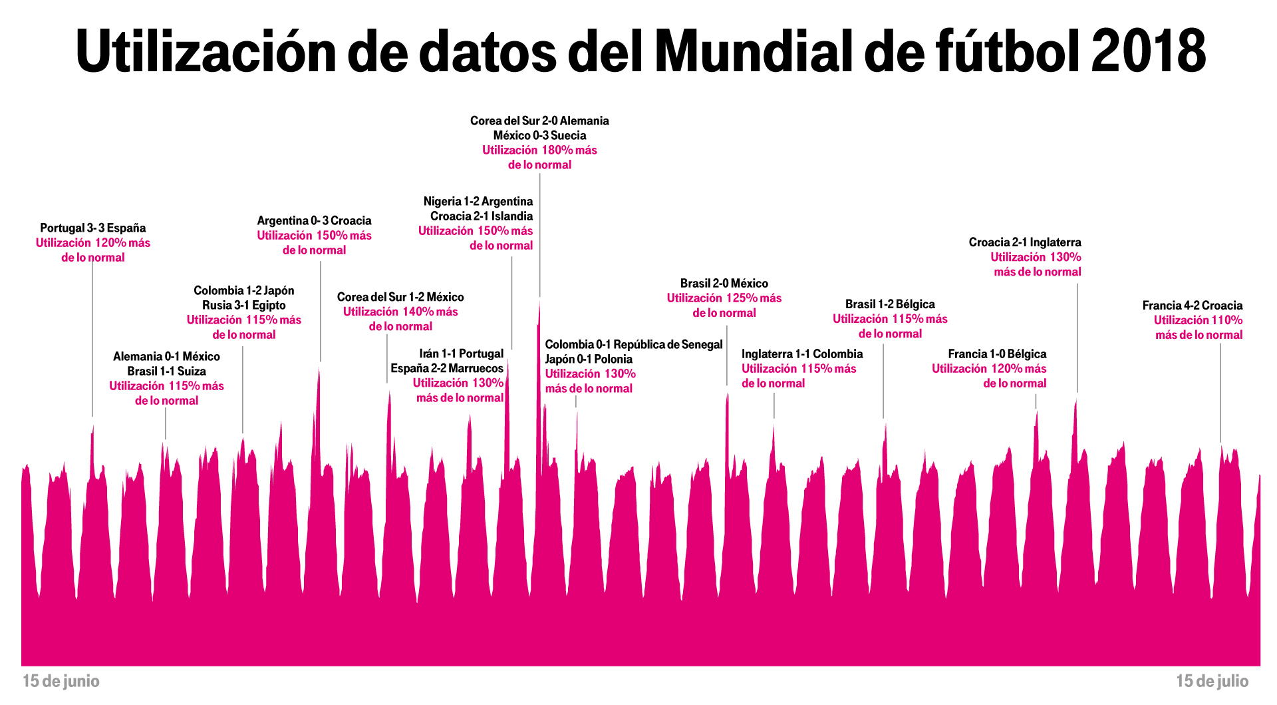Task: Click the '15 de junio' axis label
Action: coord(61,681)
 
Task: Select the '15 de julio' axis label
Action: coord(1212,681)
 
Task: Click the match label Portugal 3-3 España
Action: coord(92,228)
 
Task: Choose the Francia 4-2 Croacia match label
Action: coord(1192,306)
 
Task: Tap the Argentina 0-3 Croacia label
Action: coord(314,220)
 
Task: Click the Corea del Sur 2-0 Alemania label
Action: coord(539,120)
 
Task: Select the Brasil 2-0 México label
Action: coord(724,284)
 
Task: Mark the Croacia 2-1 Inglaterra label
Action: coord(1024,242)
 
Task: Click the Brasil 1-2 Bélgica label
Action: coord(890,304)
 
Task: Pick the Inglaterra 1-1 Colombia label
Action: coord(802,354)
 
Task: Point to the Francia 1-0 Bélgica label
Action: coord(997,354)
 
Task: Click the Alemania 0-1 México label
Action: coord(166,357)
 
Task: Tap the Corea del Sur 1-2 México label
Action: coord(400,297)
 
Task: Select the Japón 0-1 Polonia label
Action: coord(589,359)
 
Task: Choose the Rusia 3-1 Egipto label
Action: coord(244,306)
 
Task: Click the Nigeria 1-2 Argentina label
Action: coord(478,202)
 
